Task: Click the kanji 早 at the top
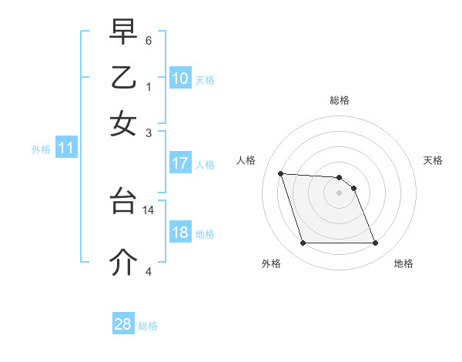124,32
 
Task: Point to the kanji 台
124,202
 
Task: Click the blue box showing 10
179,78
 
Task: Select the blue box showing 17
179,163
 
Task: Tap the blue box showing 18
179,233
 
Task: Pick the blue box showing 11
66,148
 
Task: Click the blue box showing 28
123,324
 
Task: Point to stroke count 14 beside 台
149,209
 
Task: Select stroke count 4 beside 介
149,270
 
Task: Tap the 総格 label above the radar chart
340,100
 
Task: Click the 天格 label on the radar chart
434,160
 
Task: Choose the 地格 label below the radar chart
403,263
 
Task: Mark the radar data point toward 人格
281,173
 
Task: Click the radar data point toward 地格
375,243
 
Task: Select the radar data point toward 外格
303,243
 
